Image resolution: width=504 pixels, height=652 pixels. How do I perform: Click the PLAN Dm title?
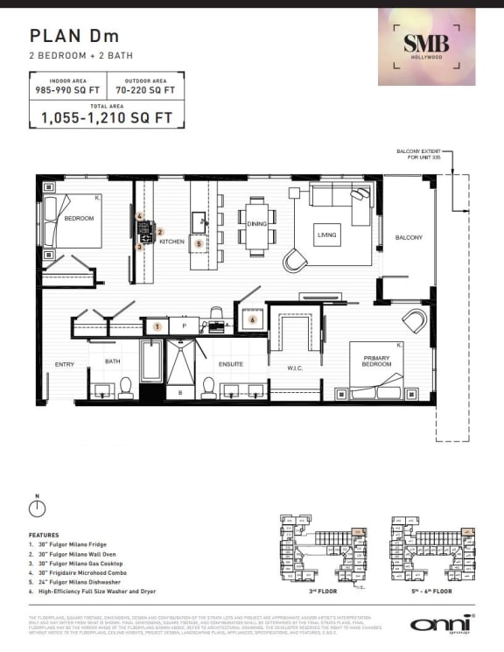[x=73, y=36]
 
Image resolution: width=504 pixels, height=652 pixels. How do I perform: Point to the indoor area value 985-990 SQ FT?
[x=67, y=90]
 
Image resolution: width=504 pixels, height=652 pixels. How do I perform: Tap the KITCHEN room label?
[x=171, y=241]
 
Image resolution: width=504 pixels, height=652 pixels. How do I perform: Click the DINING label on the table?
[x=256, y=224]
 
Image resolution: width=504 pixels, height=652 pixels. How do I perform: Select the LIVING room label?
[x=327, y=235]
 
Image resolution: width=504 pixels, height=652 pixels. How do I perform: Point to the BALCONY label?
[x=408, y=237]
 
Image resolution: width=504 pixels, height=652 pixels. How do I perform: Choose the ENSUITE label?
[x=231, y=364]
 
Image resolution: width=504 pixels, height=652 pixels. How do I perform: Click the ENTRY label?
[x=64, y=364]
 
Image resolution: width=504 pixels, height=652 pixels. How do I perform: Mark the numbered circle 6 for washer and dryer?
[x=252, y=320]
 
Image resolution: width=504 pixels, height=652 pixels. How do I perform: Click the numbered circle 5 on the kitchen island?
[x=199, y=243]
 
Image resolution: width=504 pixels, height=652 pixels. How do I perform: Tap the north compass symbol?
[x=37, y=508]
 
